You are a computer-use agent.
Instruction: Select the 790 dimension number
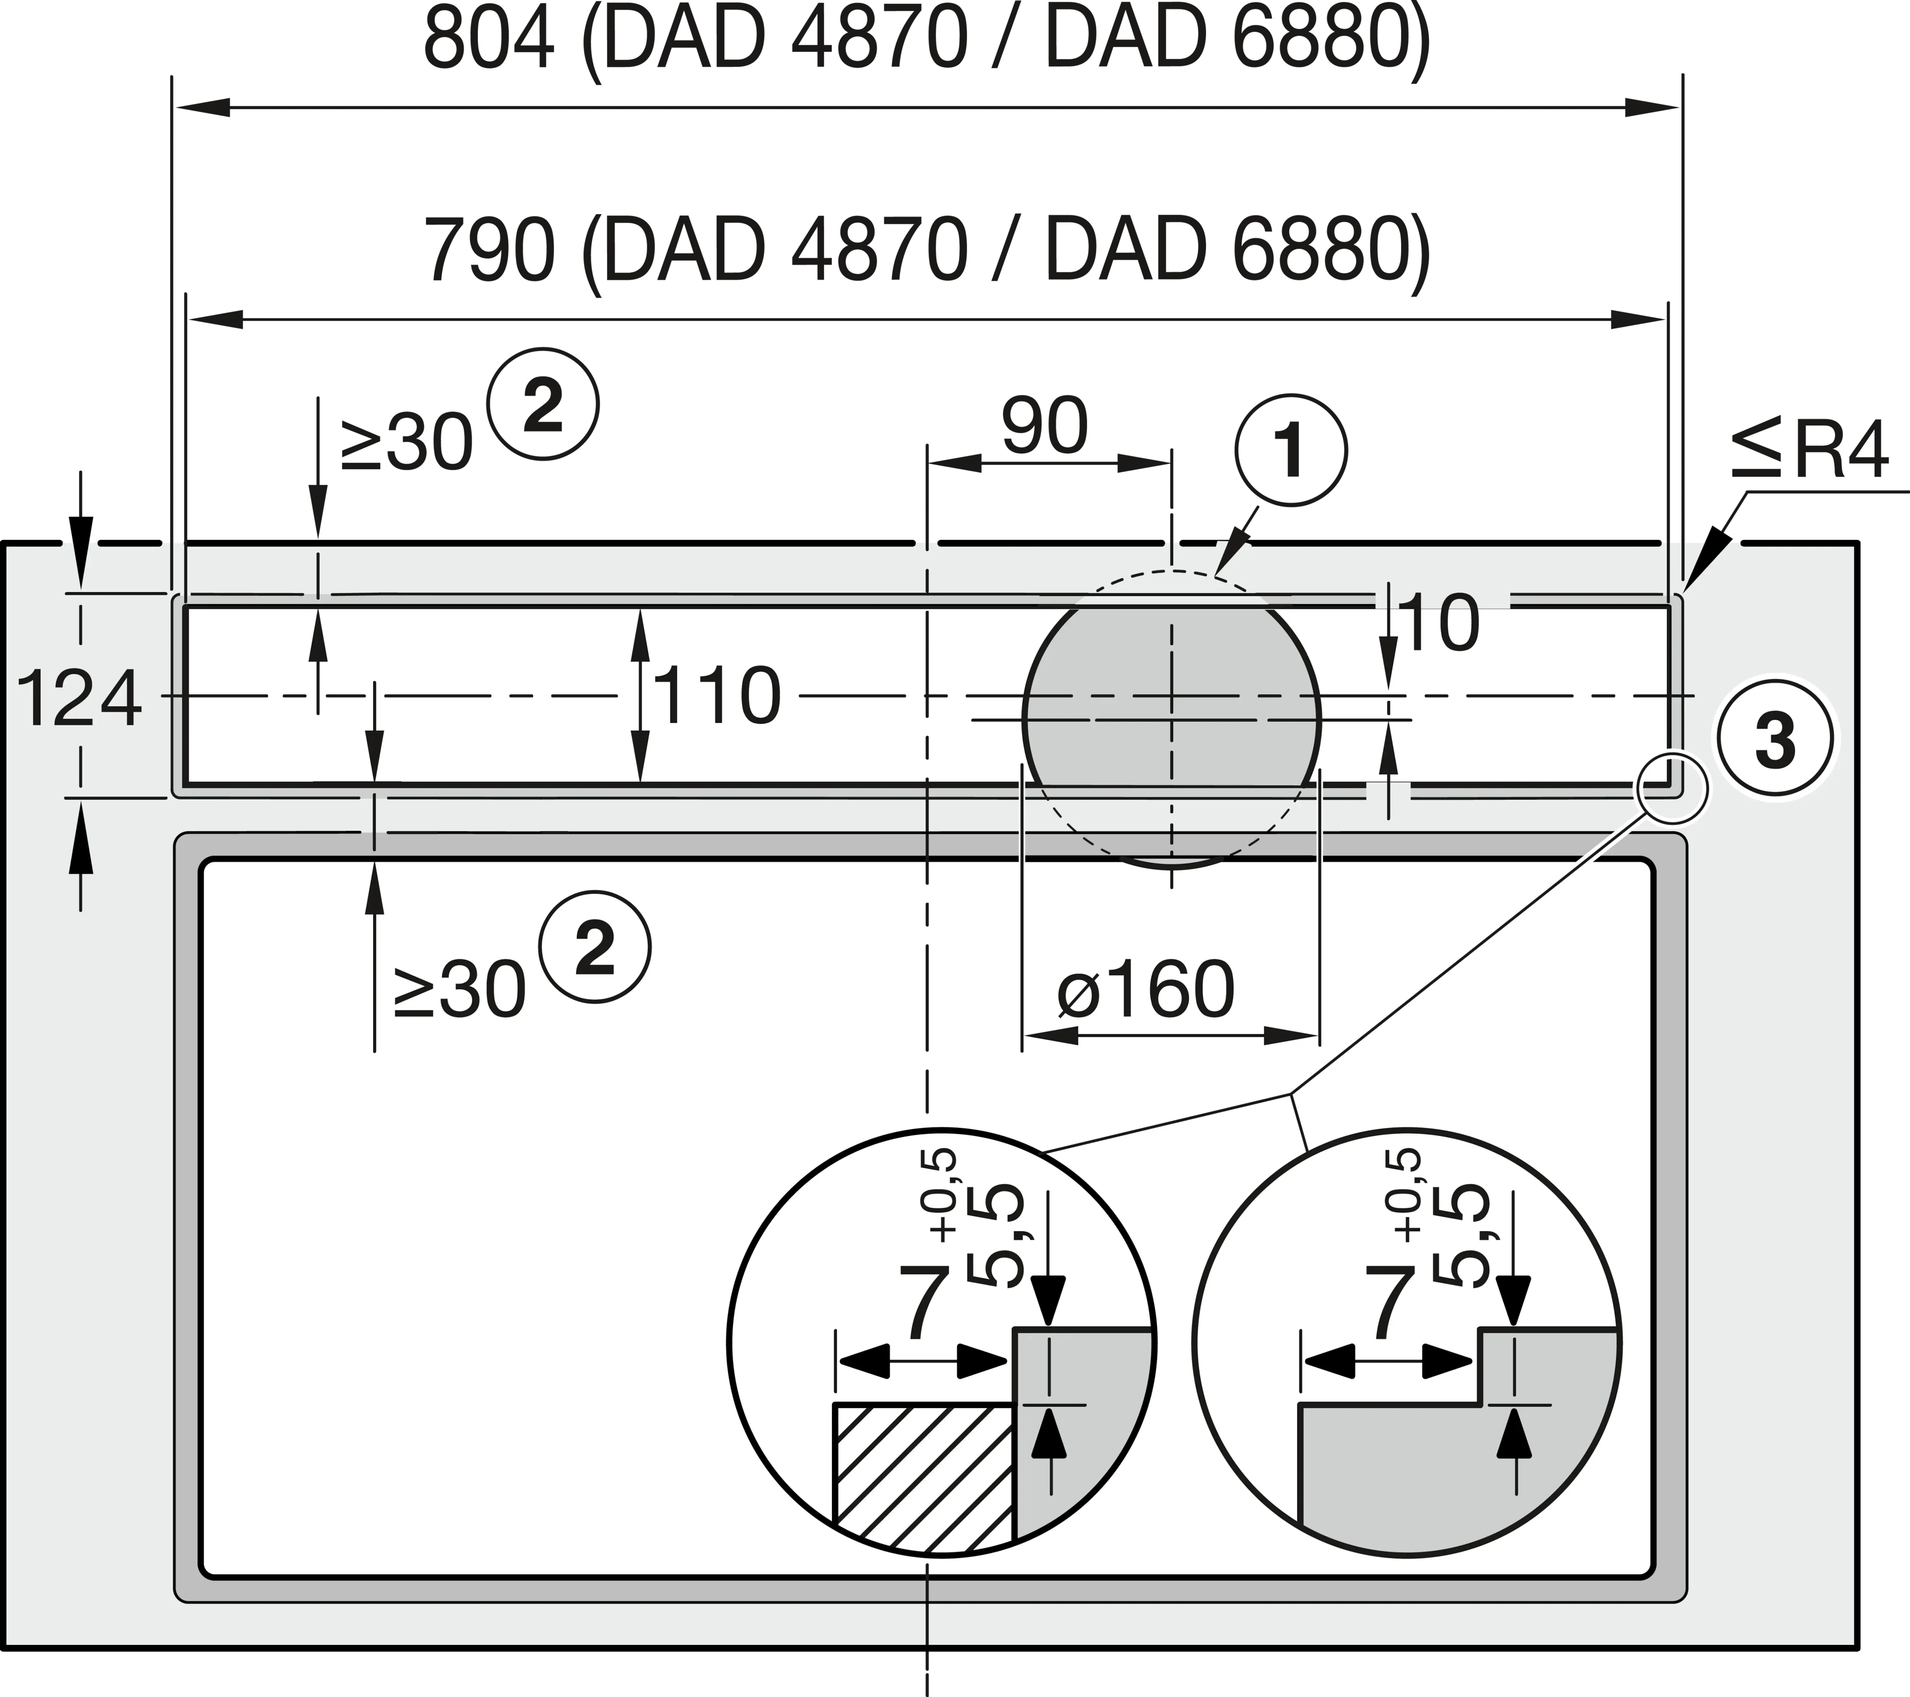pyautogui.click(x=489, y=251)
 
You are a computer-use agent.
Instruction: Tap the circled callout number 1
pyautogui.click(x=1292, y=450)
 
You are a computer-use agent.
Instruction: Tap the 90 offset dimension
pyautogui.click(x=1045, y=426)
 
